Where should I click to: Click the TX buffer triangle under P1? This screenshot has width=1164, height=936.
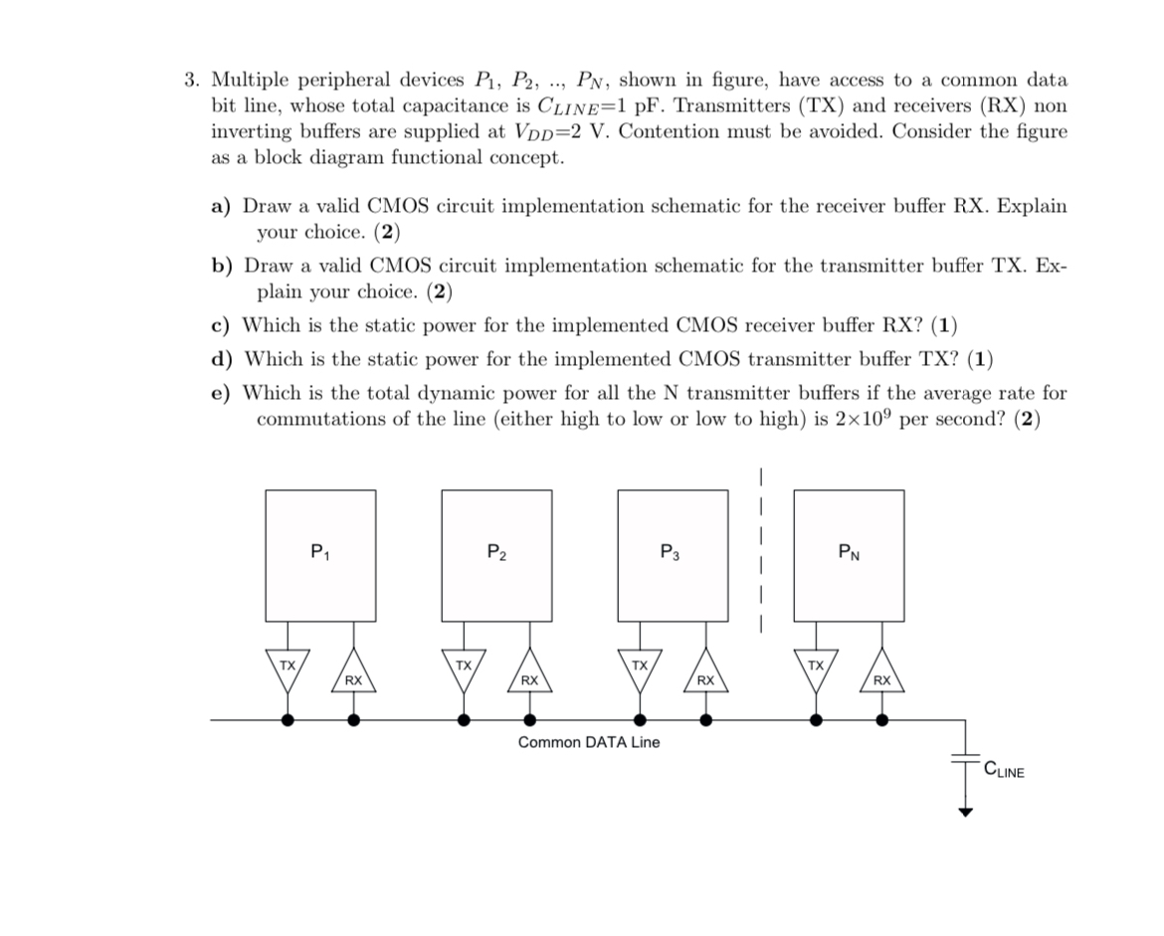click(x=288, y=666)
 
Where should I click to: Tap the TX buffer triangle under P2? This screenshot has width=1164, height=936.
click(x=464, y=666)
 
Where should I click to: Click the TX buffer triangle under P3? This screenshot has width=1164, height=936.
click(x=640, y=666)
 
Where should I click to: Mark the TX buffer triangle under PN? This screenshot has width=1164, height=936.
click(x=816, y=666)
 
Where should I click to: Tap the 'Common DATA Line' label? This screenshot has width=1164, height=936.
click(x=588, y=742)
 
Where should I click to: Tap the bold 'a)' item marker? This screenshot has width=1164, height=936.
click(x=221, y=207)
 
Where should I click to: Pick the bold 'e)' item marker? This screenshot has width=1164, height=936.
click(x=221, y=393)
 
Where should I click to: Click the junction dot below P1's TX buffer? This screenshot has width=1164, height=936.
click(x=288, y=720)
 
